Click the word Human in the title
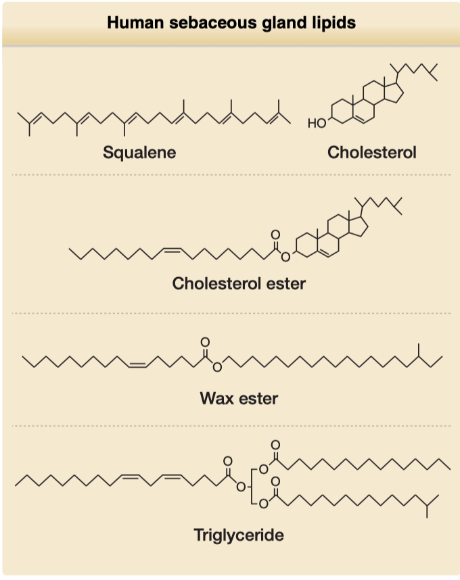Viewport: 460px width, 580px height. (x=135, y=22)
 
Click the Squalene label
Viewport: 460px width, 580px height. (x=139, y=152)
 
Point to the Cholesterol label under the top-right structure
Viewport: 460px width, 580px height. (x=371, y=152)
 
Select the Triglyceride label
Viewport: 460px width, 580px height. (x=239, y=535)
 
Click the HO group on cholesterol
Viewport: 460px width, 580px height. (x=317, y=122)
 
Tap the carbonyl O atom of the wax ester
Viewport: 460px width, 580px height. (x=205, y=342)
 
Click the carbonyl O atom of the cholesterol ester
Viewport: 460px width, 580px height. (x=275, y=235)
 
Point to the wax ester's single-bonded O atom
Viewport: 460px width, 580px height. (x=217, y=366)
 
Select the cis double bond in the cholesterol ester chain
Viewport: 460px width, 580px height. (x=172, y=250)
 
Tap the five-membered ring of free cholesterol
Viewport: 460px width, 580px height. (x=394, y=93)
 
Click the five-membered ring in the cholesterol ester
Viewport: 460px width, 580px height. (x=359, y=226)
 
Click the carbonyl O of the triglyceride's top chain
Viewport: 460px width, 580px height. (x=275, y=445)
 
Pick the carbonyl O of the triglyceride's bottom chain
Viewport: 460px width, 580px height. (x=275, y=481)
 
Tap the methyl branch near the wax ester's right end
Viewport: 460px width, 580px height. (x=419, y=350)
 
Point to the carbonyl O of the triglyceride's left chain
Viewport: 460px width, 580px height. (x=227, y=461)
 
